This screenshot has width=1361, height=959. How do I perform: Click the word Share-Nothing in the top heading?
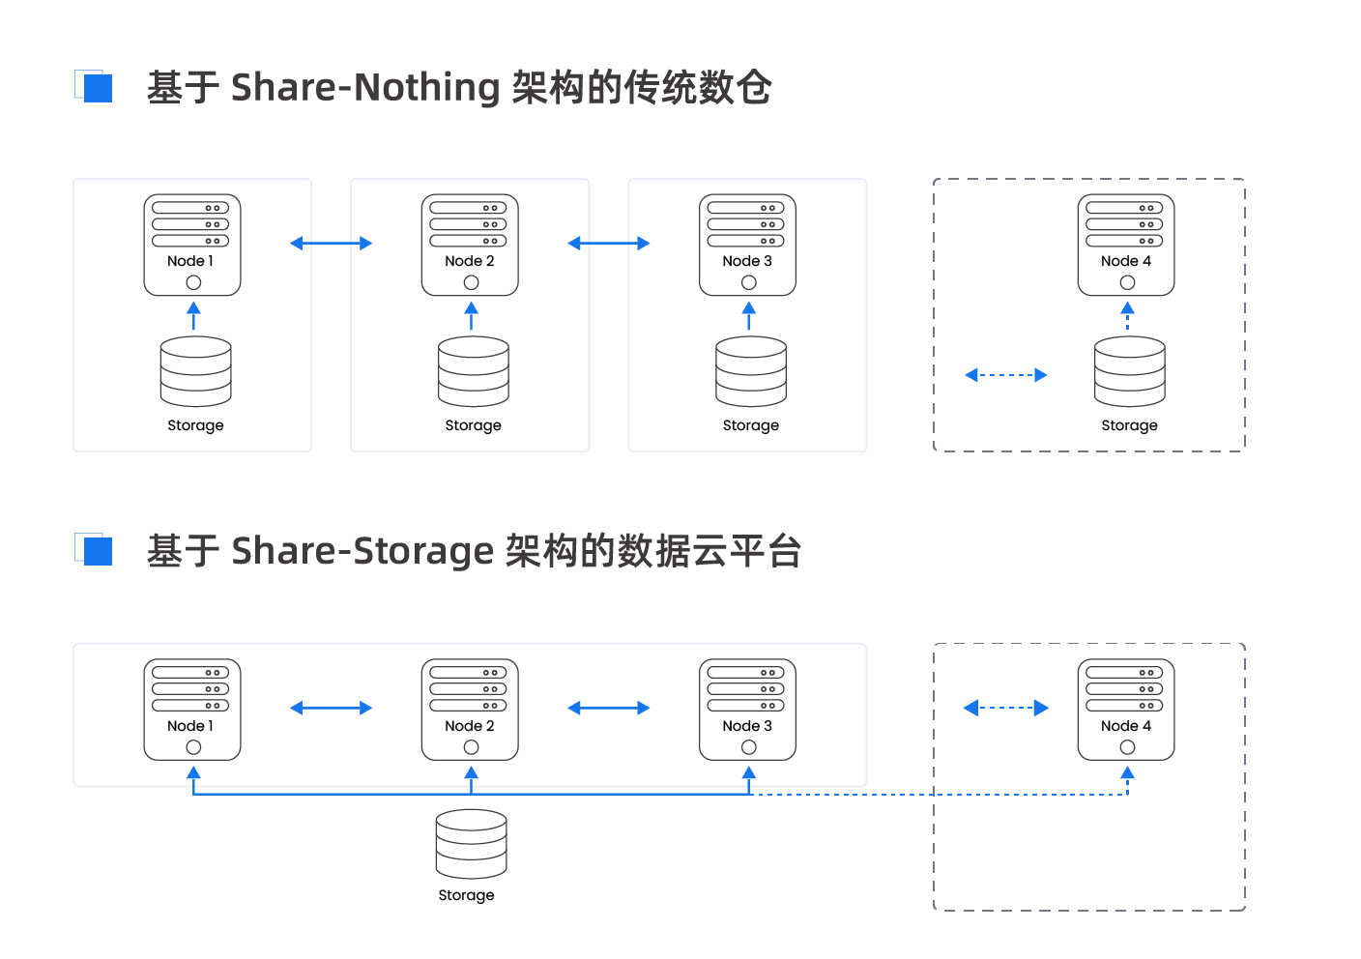coord(365,87)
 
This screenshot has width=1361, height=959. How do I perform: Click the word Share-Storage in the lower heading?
coord(362,551)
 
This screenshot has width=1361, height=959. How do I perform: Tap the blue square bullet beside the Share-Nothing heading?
coord(98,88)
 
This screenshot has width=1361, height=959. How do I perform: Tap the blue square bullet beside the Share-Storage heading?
coord(98,551)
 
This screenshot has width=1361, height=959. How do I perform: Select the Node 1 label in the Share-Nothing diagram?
coord(190,261)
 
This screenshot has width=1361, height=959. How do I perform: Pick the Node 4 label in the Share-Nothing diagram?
coord(1126,261)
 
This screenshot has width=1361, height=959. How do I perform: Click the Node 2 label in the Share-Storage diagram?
coord(470,726)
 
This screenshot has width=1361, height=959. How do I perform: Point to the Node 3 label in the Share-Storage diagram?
coord(747,726)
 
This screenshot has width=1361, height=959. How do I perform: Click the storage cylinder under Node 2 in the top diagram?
coord(474,371)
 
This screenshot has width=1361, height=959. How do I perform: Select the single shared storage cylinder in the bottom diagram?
coord(471,844)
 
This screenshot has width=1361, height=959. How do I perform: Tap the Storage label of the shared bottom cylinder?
coord(466,895)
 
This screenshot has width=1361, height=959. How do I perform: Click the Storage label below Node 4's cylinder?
coord(1130,425)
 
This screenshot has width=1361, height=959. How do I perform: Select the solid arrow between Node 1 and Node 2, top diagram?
coord(332,244)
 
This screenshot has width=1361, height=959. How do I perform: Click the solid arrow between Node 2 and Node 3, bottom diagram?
coord(609,708)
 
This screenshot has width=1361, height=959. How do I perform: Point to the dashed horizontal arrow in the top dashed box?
coord(1006,375)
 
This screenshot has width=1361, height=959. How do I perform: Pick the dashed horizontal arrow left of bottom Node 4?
coord(1006,708)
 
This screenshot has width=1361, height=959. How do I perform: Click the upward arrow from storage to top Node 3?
coord(749,316)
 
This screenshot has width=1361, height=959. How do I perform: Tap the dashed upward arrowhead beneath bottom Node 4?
coord(1128,773)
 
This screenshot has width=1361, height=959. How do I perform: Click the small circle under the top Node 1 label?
coord(193,282)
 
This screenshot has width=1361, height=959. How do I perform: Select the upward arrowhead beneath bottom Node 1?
coord(193,773)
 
